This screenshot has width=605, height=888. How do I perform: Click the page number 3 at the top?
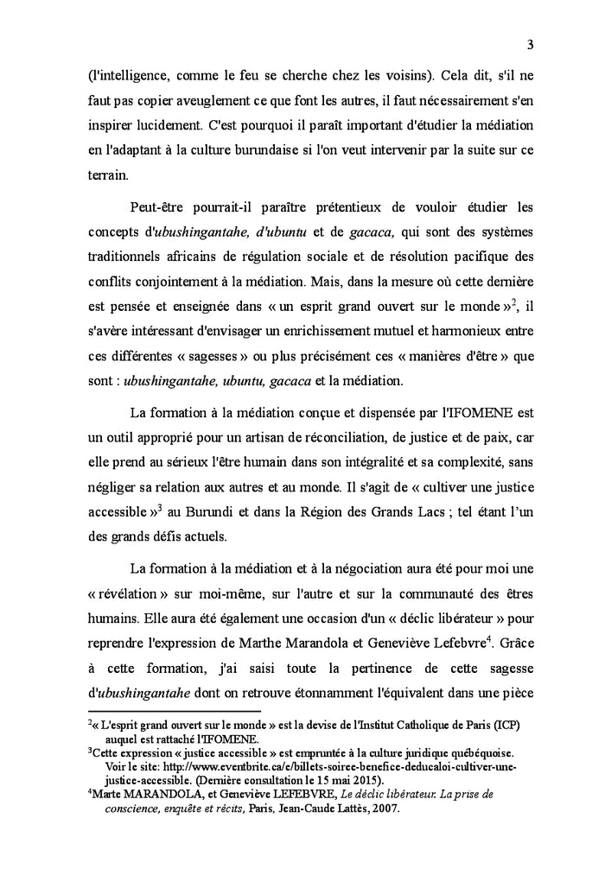click(x=528, y=45)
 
